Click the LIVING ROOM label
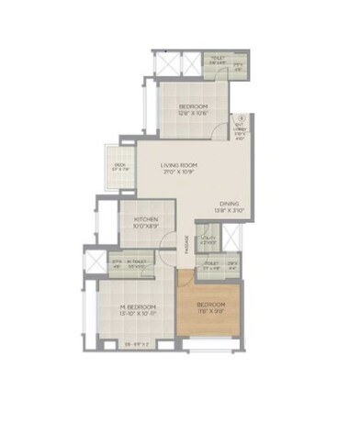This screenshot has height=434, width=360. pyautogui.click(x=182, y=165)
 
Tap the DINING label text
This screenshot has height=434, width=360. pyautogui.click(x=230, y=204)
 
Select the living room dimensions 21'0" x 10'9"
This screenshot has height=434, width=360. pyautogui.click(x=182, y=172)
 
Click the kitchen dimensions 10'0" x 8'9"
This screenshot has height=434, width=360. pyautogui.click(x=147, y=227)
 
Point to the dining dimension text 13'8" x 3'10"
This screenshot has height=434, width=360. pyautogui.click(x=230, y=211)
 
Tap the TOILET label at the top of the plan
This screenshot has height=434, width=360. pyautogui.click(x=218, y=58)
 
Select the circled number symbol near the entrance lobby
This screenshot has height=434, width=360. pyautogui.click(x=242, y=118)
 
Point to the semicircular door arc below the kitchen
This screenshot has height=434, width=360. pyautogui.click(x=166, y=244)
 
